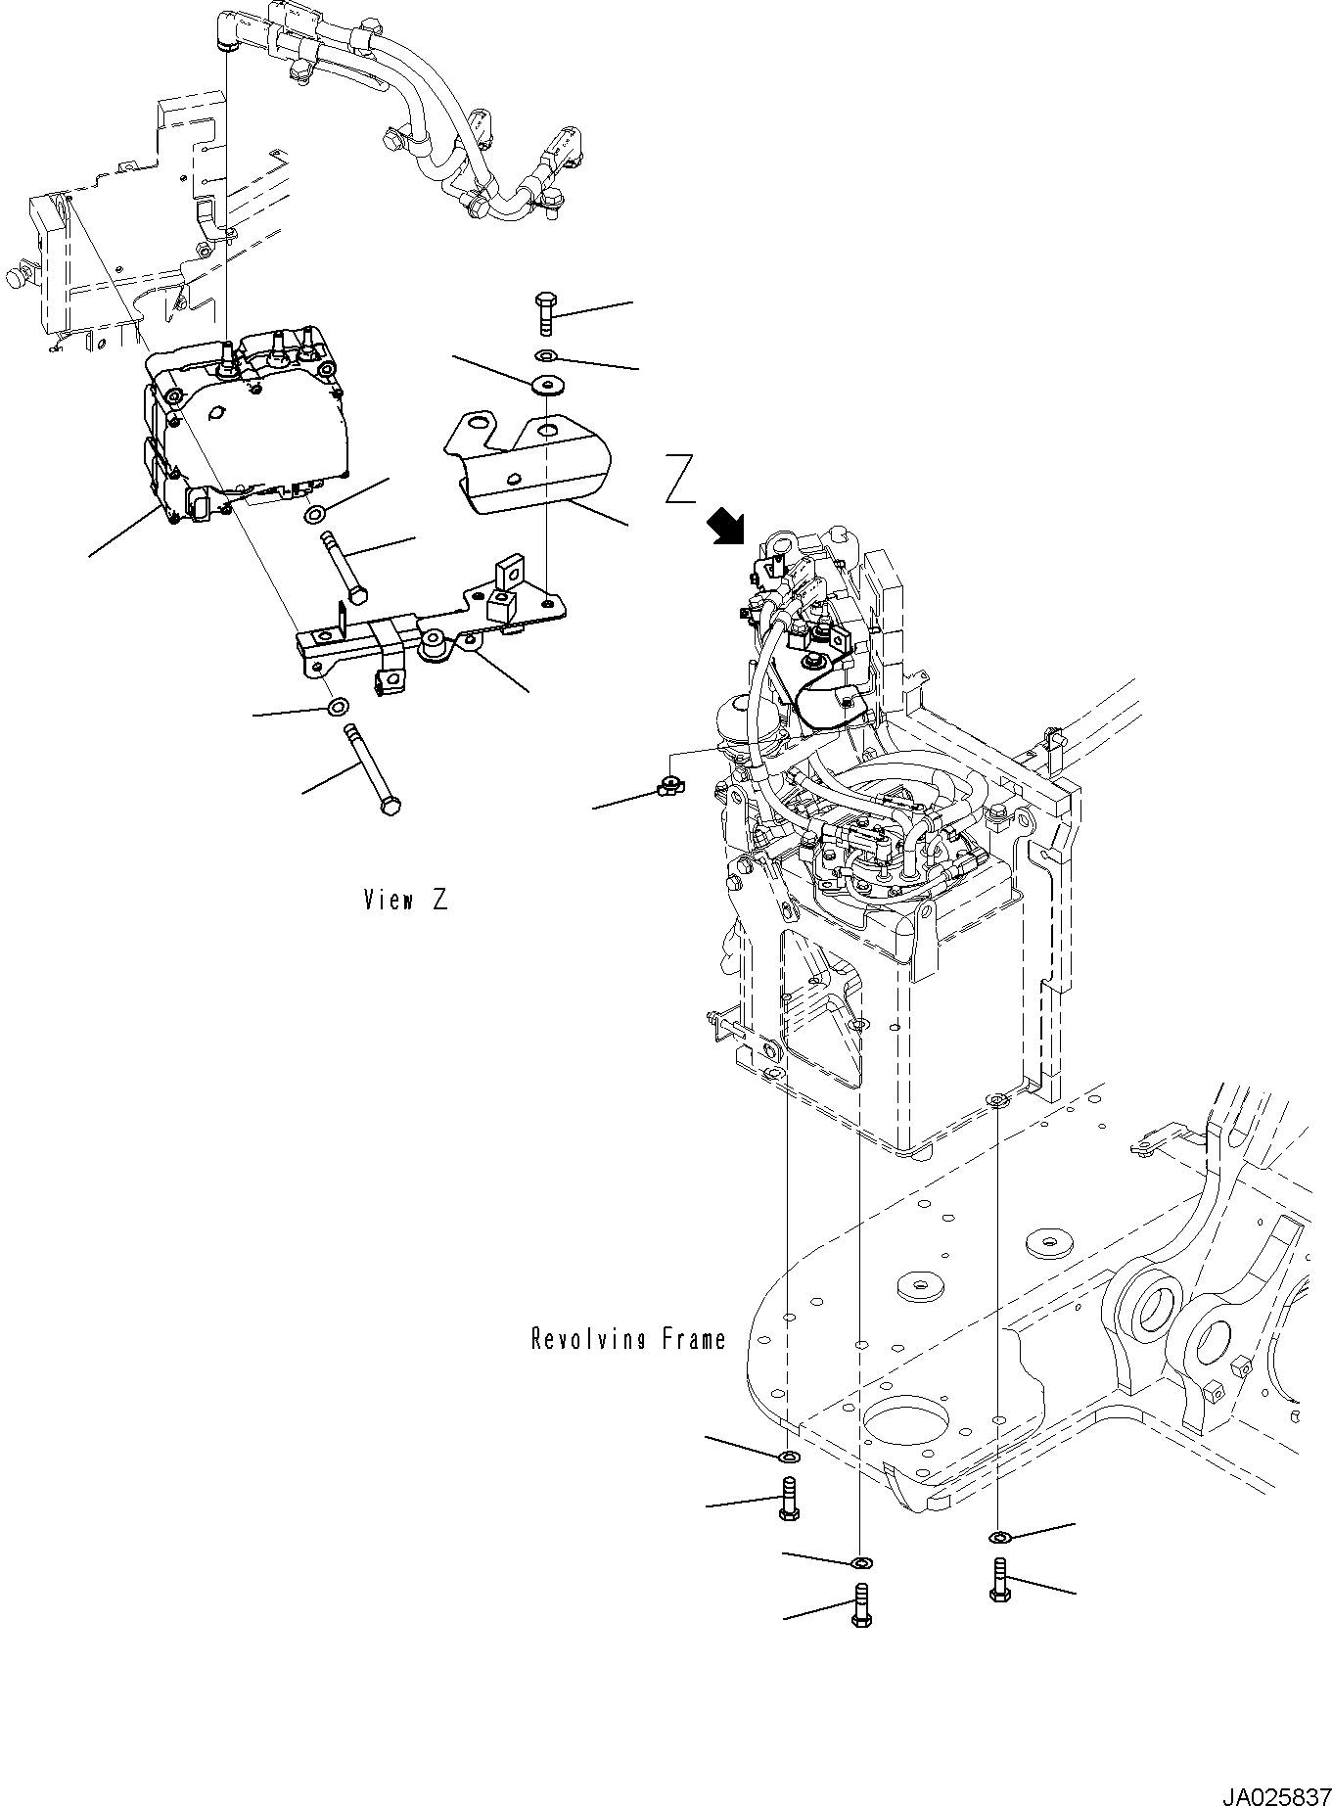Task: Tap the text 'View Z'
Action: (405, 901)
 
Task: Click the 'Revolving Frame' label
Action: (628, 1339)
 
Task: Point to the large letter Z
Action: (680, 480)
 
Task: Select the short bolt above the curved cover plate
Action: (546, 313)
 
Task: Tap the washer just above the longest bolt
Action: (338, 707)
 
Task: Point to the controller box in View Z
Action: (250, 426)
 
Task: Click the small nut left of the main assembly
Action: (670, 782)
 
